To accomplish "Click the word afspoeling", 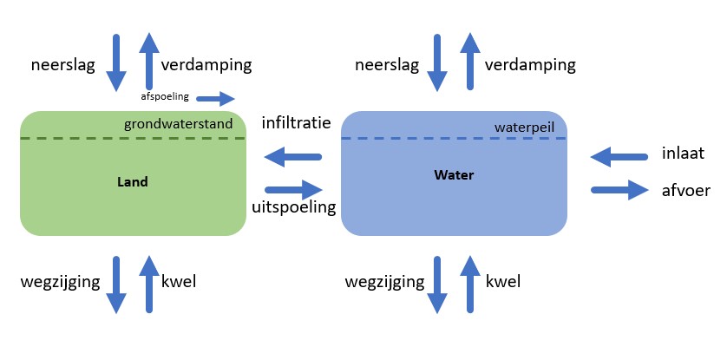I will tap(165, 96).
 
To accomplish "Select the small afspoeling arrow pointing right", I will tap(215, 98).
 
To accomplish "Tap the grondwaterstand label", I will tap(179, 124).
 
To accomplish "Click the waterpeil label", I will tap(523, 127).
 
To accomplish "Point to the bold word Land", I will tap(133, 182).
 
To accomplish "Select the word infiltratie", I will tap(296, 123).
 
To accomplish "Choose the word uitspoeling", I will tap(293, 208).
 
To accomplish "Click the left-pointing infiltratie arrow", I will tap(292, 157).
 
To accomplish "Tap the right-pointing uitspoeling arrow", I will tap(293, 187).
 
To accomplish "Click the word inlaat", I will tap(683, 154).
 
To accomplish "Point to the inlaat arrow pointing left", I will tap(619, 157).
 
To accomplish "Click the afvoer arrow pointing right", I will tap(619, 189).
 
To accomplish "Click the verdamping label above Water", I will tap(530, 65).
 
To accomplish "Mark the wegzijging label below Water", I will tap(384, 281).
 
